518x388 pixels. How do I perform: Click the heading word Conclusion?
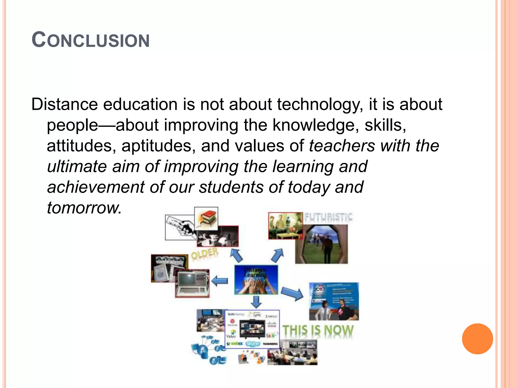point(91,40)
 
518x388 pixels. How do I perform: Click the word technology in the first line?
point(318,104)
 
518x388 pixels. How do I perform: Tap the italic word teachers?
point(342,146)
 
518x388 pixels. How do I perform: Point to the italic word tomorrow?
point(84,208)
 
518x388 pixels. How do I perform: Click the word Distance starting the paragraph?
point(64,104)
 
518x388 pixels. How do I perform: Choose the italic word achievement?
point(96,187)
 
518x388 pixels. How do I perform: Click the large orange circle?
point(477,339)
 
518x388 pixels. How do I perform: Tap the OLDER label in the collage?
point(204,254)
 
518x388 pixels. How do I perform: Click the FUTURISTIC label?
point(328,217)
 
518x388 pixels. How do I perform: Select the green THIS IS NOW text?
point(318,331)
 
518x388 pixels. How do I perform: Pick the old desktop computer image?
point(192,283)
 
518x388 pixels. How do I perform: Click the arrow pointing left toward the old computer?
point(219,281)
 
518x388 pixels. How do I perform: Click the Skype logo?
point(253,344)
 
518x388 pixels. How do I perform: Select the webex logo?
point(235,344)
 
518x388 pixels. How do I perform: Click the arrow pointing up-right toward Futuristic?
point(277,256)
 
